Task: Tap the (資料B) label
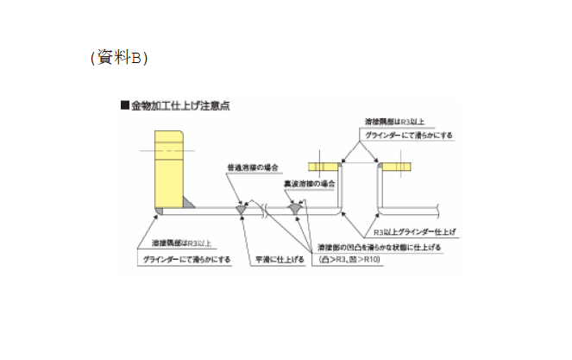pyautogui.click(x=119, y=59)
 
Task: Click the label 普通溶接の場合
pyautogui.click(x=250, y=167)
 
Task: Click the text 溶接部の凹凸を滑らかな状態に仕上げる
pyautogui.click(x=379, y=246)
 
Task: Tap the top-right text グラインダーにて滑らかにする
pyautogui.click(x=407, y=136)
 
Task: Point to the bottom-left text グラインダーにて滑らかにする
pyautogui.click(x=187, y=259)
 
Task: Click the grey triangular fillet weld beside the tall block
pyautogui.click(x=189, y=203)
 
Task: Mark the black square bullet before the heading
pyautogui.click(x=125, y=106)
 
